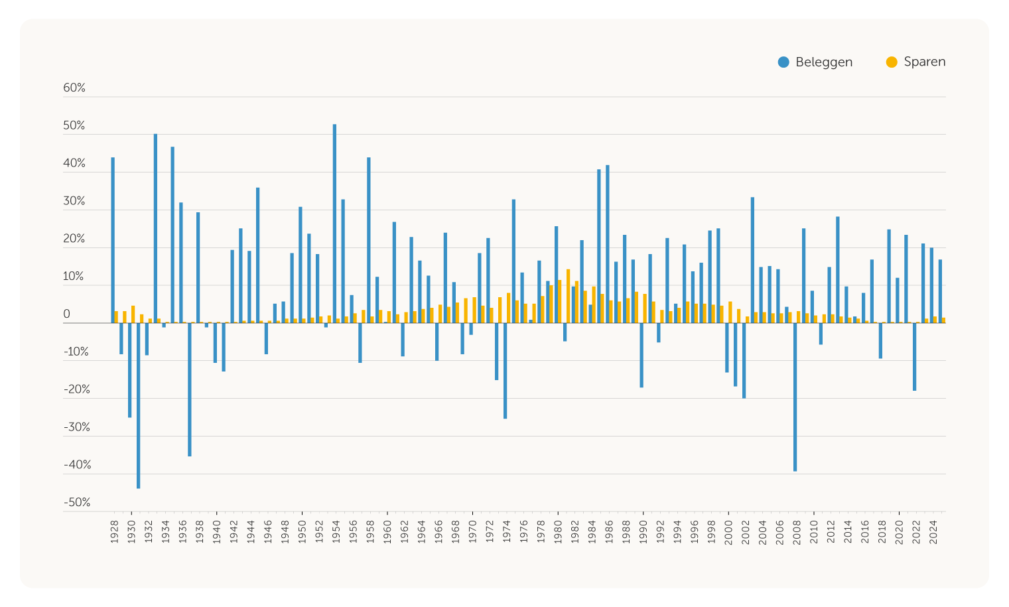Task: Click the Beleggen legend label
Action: point(824,62)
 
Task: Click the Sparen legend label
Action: point(925,62)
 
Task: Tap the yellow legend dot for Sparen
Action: point(892,62)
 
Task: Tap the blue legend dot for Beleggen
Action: point(783,62)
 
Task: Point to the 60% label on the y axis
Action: point(74,88)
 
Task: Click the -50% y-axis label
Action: point(77,503)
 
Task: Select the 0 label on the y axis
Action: point(67,314)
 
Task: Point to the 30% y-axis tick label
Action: point(74,202)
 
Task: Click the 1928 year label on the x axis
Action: point(114,532)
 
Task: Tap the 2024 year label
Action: point(933,532)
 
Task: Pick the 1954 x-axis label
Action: point(336,532)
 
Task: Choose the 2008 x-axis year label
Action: point(797,532)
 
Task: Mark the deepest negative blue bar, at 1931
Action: point(138,405)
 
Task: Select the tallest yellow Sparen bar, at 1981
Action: point(569,296)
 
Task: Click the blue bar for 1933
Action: point(155,228)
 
